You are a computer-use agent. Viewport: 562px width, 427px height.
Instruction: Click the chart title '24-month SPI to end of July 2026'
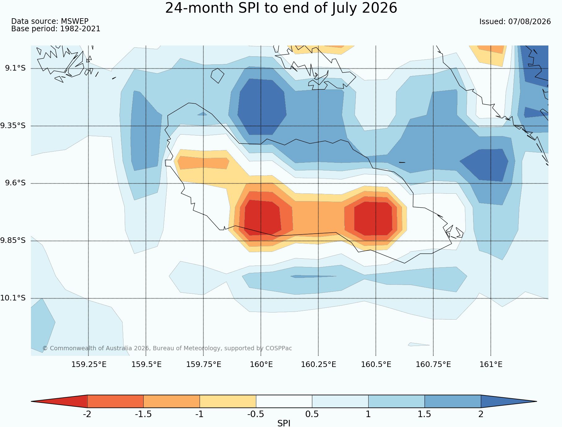click(281, 8)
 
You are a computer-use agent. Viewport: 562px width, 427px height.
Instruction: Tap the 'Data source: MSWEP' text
click(50, 21)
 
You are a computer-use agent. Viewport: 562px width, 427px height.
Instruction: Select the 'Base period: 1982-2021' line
click(56, 29)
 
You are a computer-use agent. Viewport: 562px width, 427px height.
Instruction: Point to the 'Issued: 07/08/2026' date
click(515, 22)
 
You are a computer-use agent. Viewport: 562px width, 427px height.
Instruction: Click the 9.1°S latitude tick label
click(15, 68)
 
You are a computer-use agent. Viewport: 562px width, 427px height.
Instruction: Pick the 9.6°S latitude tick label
click(15, 183)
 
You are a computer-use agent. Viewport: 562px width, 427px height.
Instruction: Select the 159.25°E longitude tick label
click(89, 364)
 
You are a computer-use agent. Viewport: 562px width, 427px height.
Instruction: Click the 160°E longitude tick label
click(261, 364)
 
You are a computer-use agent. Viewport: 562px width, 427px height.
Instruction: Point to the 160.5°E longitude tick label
click(376, 364)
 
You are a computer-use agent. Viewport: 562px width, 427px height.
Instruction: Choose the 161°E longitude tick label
click(491, 364)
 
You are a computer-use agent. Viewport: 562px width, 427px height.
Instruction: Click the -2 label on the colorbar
click(87, 414)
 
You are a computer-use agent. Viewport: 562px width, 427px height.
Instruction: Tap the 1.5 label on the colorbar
click(424, 414)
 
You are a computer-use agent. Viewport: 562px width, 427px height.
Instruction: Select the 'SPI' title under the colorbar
click(284, 423)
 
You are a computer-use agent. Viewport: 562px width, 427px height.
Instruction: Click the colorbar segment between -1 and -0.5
click(228, 401)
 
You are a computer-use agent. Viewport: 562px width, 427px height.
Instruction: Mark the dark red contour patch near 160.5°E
click(374, 218)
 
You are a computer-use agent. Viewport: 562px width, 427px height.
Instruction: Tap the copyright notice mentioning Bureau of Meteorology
click(167, 348)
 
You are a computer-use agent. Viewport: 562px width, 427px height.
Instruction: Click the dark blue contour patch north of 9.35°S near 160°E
click(262, 107)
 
